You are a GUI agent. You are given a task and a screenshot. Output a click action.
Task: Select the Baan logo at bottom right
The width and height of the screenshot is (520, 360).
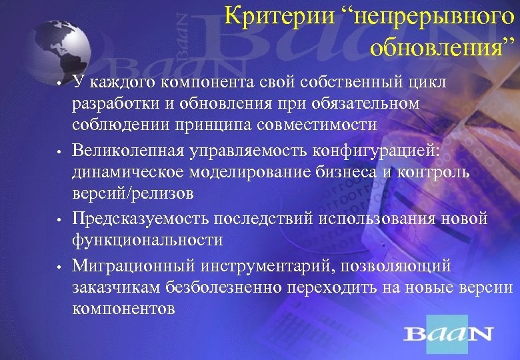tap(449, 333)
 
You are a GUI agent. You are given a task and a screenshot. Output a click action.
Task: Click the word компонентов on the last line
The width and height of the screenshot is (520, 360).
tap(123, 309)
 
